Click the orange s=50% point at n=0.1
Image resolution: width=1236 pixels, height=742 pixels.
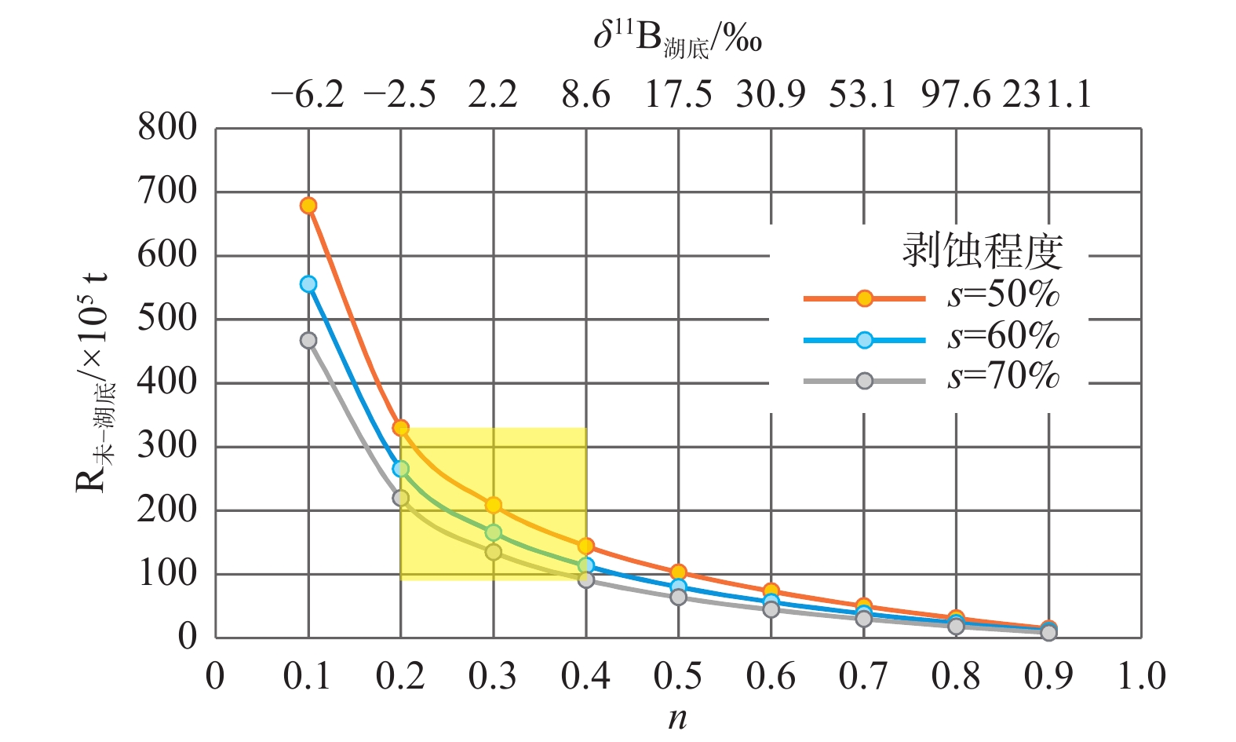pos(308,206)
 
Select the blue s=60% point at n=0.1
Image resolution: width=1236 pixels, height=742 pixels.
pos(308,283)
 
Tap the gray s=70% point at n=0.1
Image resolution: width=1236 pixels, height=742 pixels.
pos(308,340)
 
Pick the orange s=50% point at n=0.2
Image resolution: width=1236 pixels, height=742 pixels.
pos(401,428)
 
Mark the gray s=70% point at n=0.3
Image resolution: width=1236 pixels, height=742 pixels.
pos(494,552)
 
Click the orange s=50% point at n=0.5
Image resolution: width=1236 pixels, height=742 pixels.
pos(679,572)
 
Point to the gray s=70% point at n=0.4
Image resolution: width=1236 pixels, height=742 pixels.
pos(586,579)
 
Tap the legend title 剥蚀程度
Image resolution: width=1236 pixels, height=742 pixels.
pos(982,251)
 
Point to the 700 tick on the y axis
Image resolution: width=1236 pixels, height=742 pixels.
pos(167,191)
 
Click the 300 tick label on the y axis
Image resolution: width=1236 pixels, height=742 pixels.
pos(167,446)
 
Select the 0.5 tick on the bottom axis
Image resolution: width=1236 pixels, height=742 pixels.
pos(679,677)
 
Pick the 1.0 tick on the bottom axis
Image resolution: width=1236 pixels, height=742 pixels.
pos(1142,677)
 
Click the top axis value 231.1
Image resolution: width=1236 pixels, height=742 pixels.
pos(1047,96)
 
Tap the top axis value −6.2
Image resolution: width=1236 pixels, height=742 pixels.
pos(308,96)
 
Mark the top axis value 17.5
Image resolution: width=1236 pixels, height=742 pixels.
pos(679,96)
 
